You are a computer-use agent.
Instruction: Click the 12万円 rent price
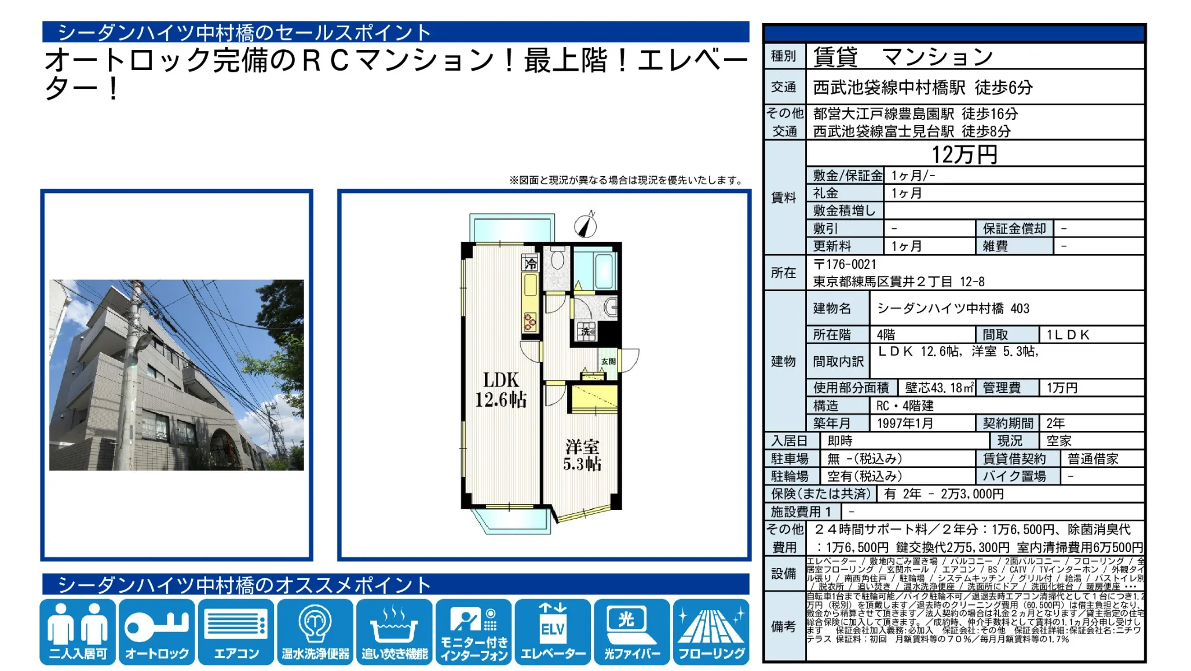click(x=965, y=155)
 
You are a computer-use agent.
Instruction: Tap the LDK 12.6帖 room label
click(x=501, y=390)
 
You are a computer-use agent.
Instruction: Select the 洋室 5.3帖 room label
click(x=582, y=455)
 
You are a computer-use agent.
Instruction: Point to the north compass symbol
click(x=586, y=225)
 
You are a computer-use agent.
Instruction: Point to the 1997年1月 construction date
click(x=905, y=424)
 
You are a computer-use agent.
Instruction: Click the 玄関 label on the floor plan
click(x=608, y=362)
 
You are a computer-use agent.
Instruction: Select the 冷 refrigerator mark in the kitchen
click(x=531, y=264)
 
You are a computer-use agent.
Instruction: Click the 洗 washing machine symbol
click(x=586, y=331)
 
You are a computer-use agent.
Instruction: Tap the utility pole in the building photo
click(x=137, y=377)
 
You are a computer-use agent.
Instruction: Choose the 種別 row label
click(x=784, y=57)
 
